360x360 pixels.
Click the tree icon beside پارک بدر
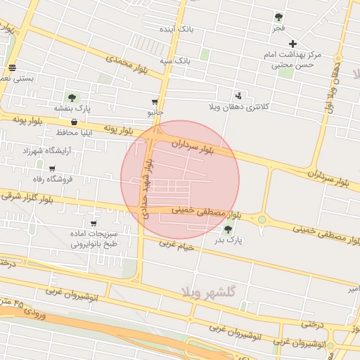(227, 229)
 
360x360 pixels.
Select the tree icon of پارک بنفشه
(71, 97)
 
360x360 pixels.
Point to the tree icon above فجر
(278, 17)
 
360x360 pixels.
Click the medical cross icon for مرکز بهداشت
(293, 44)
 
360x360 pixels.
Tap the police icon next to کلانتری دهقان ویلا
(239, 95)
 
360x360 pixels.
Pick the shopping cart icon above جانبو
(155, 102)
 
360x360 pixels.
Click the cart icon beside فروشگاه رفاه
(52, 169)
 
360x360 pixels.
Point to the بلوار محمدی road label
(134, 63)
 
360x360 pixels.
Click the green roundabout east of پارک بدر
(262, 220)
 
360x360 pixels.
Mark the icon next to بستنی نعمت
(12, 68)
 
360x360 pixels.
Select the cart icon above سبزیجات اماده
(94, 223)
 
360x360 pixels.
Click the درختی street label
(311, 324)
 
